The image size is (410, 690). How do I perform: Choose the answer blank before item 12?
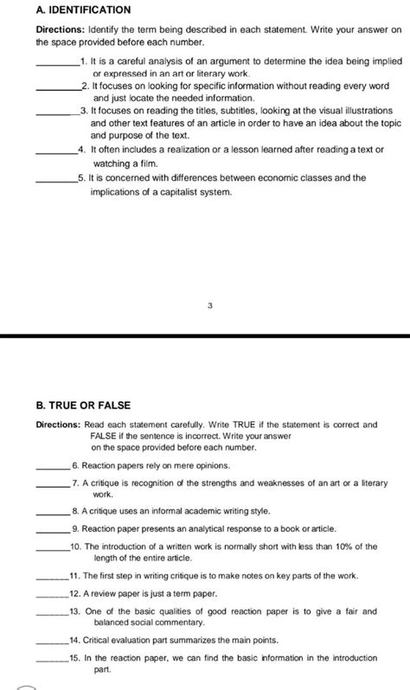[x=54, y=594]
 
